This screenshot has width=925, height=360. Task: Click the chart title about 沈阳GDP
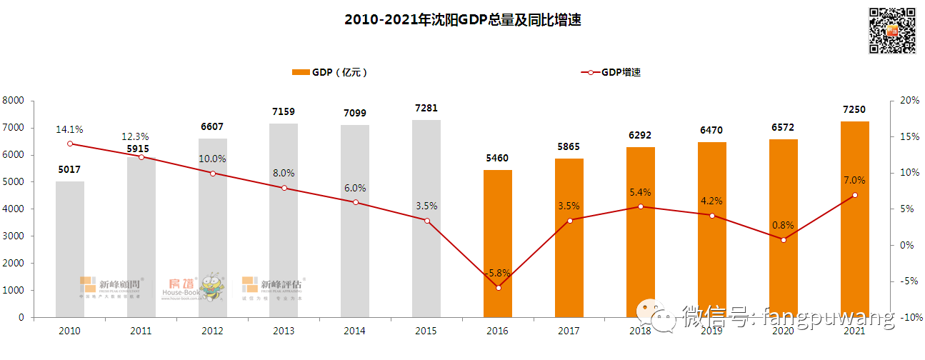click(x=462, y=21)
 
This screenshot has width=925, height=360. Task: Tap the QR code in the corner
click(x=891, y=30)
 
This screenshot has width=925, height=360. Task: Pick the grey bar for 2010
click(x=70, y=249)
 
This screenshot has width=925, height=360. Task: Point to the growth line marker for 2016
click(x=498, y=287)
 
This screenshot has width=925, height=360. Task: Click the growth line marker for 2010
click(x=70, y=144)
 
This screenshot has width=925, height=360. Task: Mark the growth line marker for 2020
click(x=783, y=240)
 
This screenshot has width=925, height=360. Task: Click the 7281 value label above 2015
click(x=426, y=109)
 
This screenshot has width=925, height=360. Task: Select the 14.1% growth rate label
click(x=70, y=129)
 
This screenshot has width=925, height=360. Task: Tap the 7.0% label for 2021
click(x=854, y=180)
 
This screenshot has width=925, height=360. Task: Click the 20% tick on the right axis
click(x=909, y=101)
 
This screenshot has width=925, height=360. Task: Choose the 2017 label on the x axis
click(x=569, y=331)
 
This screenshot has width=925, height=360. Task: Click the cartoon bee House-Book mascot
click(x=210, y=286)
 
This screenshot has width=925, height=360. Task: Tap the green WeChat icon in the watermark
click(x=655, y=314)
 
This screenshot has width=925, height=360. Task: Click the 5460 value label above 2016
click(x=498, y=158)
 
